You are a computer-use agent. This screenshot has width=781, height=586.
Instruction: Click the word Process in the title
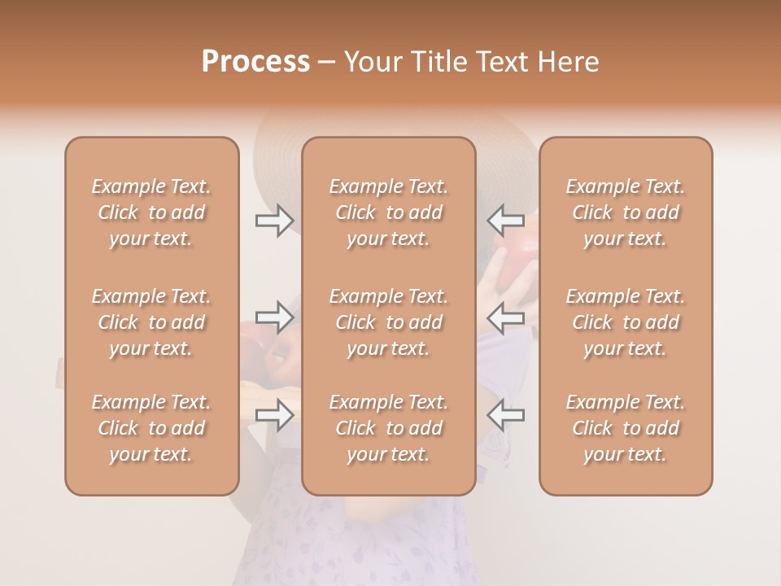[255, 62]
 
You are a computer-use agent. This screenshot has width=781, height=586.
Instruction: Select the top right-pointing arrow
[274, 220]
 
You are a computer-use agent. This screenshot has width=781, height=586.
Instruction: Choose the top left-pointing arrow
[506, 220]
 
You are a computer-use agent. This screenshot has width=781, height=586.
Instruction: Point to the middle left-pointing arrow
[506, 317]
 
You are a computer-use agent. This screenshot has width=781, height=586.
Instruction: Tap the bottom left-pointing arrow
[506, 415]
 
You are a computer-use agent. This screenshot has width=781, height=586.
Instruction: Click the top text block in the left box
[151, 212]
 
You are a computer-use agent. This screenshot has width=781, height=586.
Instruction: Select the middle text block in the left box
[151, 322]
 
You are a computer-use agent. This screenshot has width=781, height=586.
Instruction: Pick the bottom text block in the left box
[151, 428]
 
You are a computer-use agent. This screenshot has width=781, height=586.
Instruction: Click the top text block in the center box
[389, 212]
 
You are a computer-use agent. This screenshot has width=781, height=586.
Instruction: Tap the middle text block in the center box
[389, 322]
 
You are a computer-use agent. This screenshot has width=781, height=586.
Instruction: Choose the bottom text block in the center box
[389, 428]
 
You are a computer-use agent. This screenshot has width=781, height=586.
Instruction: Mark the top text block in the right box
[626, 212]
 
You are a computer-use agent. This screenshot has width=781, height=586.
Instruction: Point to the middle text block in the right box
[626, 322]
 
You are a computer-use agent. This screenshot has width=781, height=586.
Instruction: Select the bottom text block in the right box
[626, 428]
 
